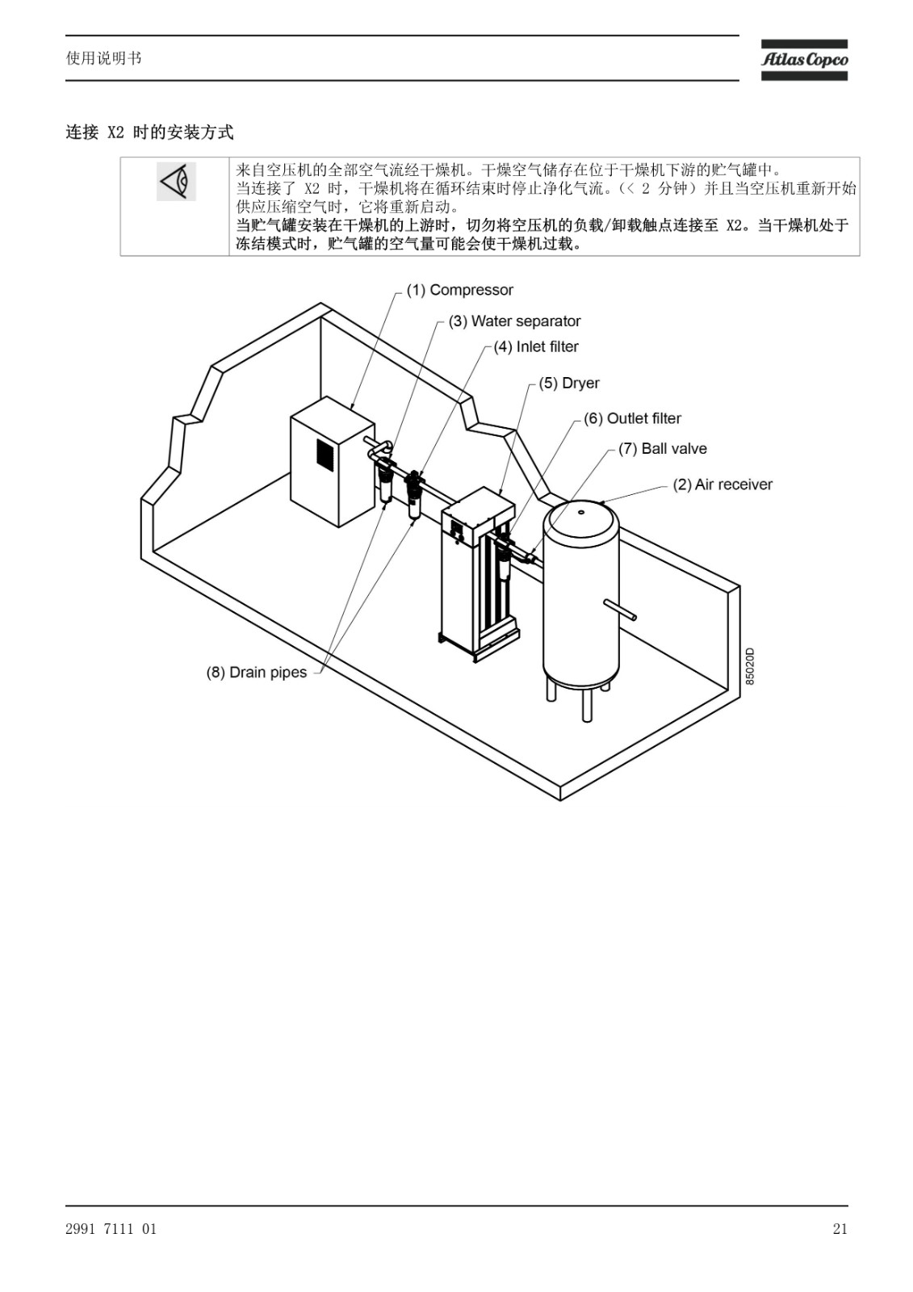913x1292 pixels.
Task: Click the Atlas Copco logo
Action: click(804, 60)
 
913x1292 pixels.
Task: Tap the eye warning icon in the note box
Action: click(176, 182)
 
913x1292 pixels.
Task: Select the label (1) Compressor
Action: click(459, 290)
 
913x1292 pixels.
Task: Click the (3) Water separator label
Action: click(514, 321)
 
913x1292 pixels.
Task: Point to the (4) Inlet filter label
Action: click(536, 346)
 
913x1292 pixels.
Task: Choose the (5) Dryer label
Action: click(568, 383)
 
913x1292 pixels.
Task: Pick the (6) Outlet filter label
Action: click(632, 419)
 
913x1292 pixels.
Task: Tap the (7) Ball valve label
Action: click(662, 449)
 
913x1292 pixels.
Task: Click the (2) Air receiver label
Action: click(722, 484)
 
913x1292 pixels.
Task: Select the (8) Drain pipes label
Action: click(256, 673)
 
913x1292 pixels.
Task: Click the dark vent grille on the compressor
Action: click(325, 451)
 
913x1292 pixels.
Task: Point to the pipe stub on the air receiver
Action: click(620, 610)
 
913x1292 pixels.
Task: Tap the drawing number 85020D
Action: click(749, 666)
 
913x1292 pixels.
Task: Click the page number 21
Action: click(840, 1229)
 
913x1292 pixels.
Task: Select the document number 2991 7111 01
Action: click(111, 1229)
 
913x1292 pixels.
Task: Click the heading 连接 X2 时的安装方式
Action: click(149, 132)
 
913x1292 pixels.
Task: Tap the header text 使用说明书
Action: click(103, 58)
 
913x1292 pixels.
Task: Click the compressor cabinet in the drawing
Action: click(333, 461)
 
